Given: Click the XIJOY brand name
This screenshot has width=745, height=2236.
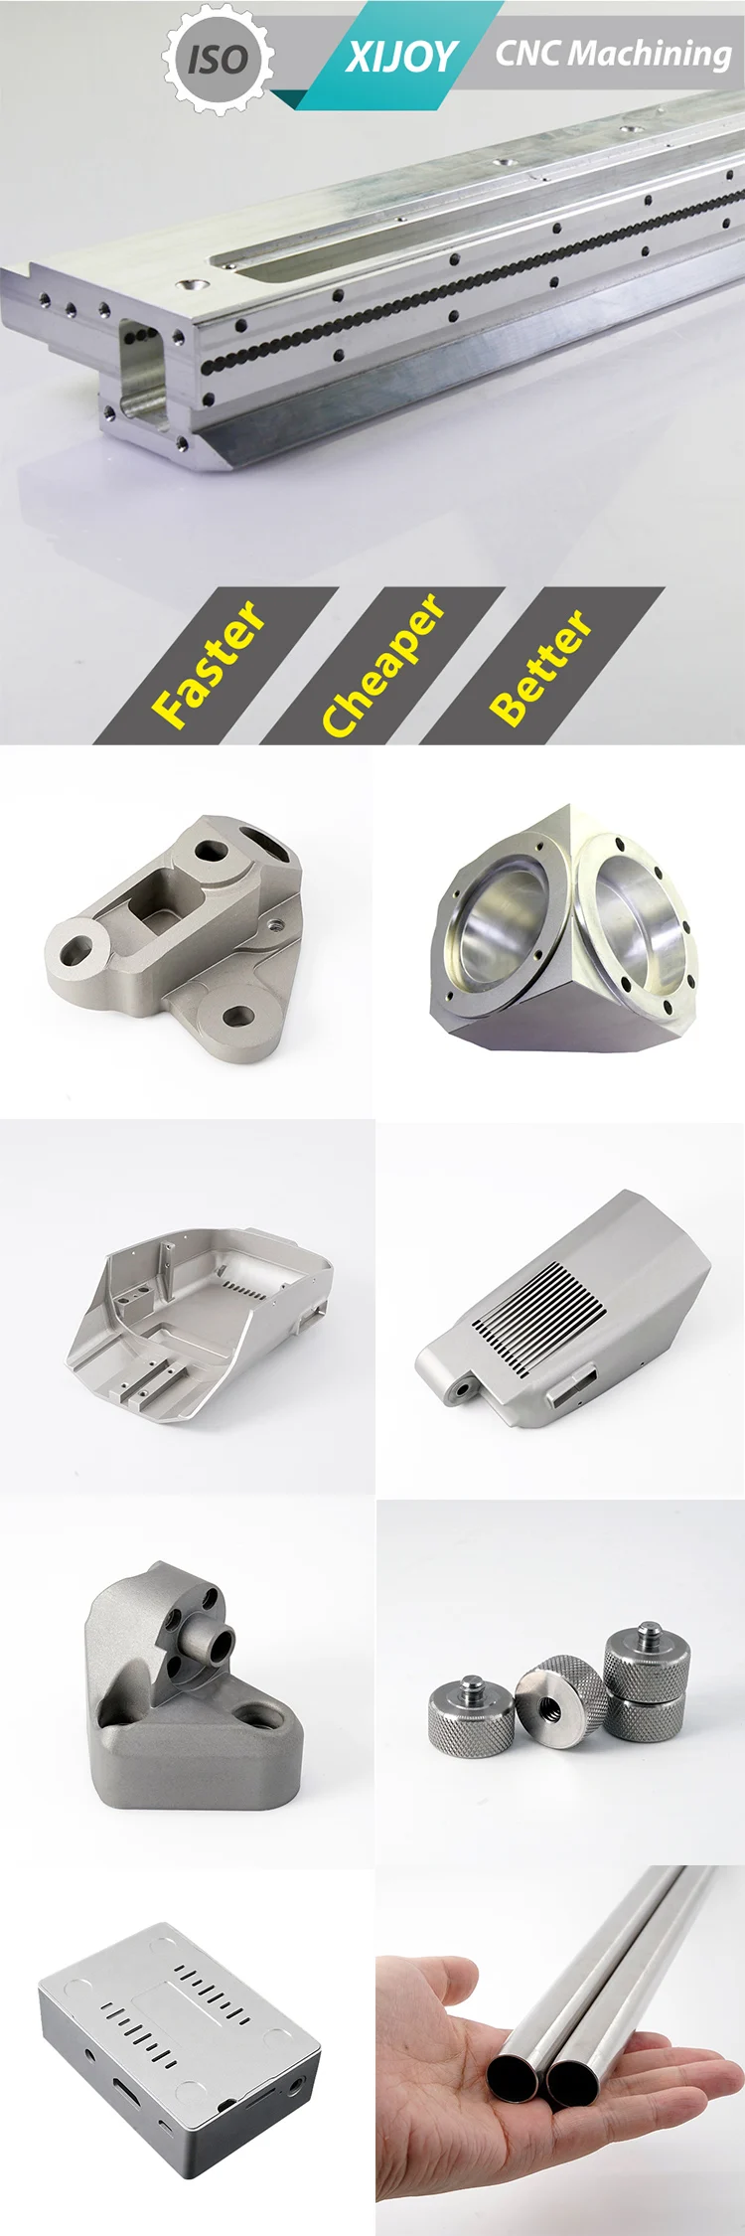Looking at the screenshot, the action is [x=401, y=57].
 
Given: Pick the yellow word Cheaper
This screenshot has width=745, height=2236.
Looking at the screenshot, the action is [x=382, y=664].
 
